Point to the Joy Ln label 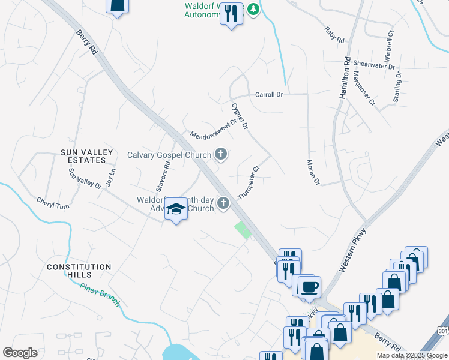click(110, 179)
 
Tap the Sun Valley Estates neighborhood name click(87, 157)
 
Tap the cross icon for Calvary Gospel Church click(221, 155)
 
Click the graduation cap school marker click(176, 209)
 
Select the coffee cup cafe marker click(310, 286)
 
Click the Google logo click(20, 353)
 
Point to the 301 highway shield click(443, 331)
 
